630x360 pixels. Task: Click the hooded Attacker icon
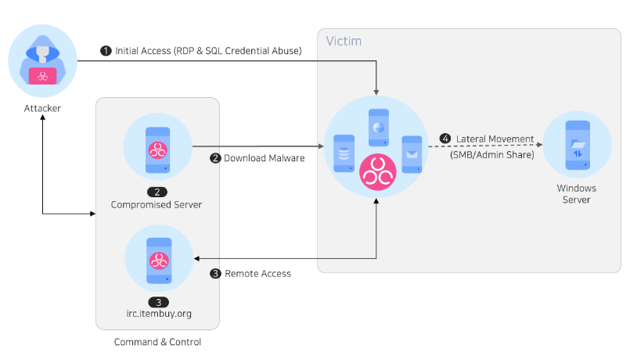[42, 61]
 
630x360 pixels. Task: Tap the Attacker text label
[42, 109]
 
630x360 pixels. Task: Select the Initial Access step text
[208, 51]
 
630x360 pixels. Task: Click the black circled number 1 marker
[106, 51]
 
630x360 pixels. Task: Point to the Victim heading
[344, 41]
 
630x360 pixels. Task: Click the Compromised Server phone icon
[157, 149]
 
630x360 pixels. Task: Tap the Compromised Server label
[157, 204]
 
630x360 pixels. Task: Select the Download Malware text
[264, 158]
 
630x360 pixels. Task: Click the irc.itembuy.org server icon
[159, 261]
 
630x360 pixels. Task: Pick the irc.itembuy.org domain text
[159, 313]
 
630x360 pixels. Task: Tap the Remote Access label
[257, 274]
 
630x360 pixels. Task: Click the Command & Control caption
[157, 342]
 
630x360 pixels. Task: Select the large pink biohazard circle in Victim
[378, 172]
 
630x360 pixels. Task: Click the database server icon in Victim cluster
[344, 153]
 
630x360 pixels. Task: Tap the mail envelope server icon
[412, 154]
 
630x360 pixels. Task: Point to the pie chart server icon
[379, 128]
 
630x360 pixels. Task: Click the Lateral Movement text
[495, 139]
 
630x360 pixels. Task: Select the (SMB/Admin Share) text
[492, 155]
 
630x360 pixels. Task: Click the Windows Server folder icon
[578, 145]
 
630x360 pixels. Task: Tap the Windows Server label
[577, 194]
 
